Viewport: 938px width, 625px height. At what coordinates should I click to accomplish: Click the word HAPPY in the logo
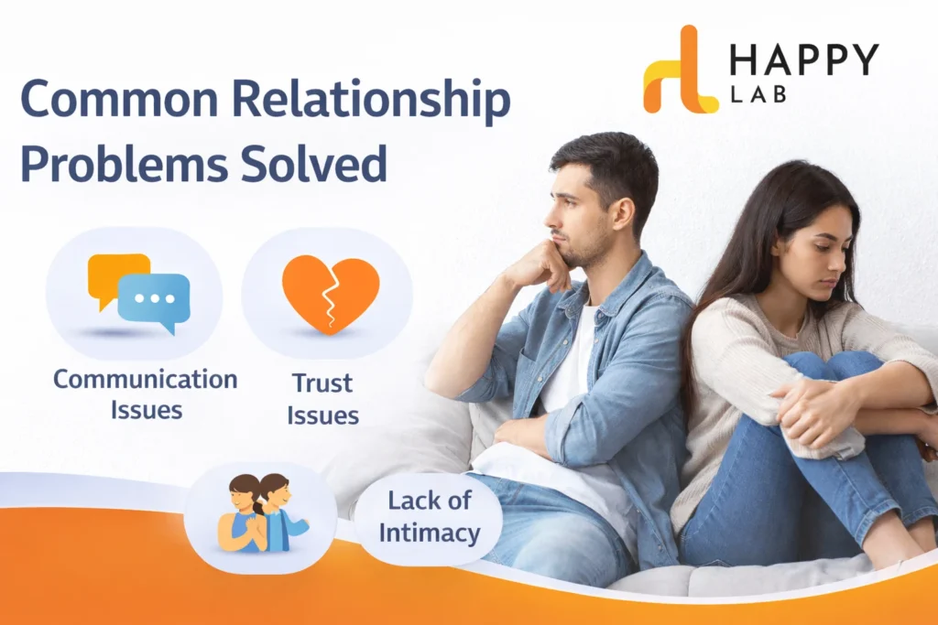point(803,60)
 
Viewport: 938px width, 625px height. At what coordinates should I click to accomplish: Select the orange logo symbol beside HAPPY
point(679,70)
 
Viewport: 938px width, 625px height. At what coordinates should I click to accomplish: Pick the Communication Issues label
point(145,394)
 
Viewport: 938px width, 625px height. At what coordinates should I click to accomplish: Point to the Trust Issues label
point(322,398)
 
